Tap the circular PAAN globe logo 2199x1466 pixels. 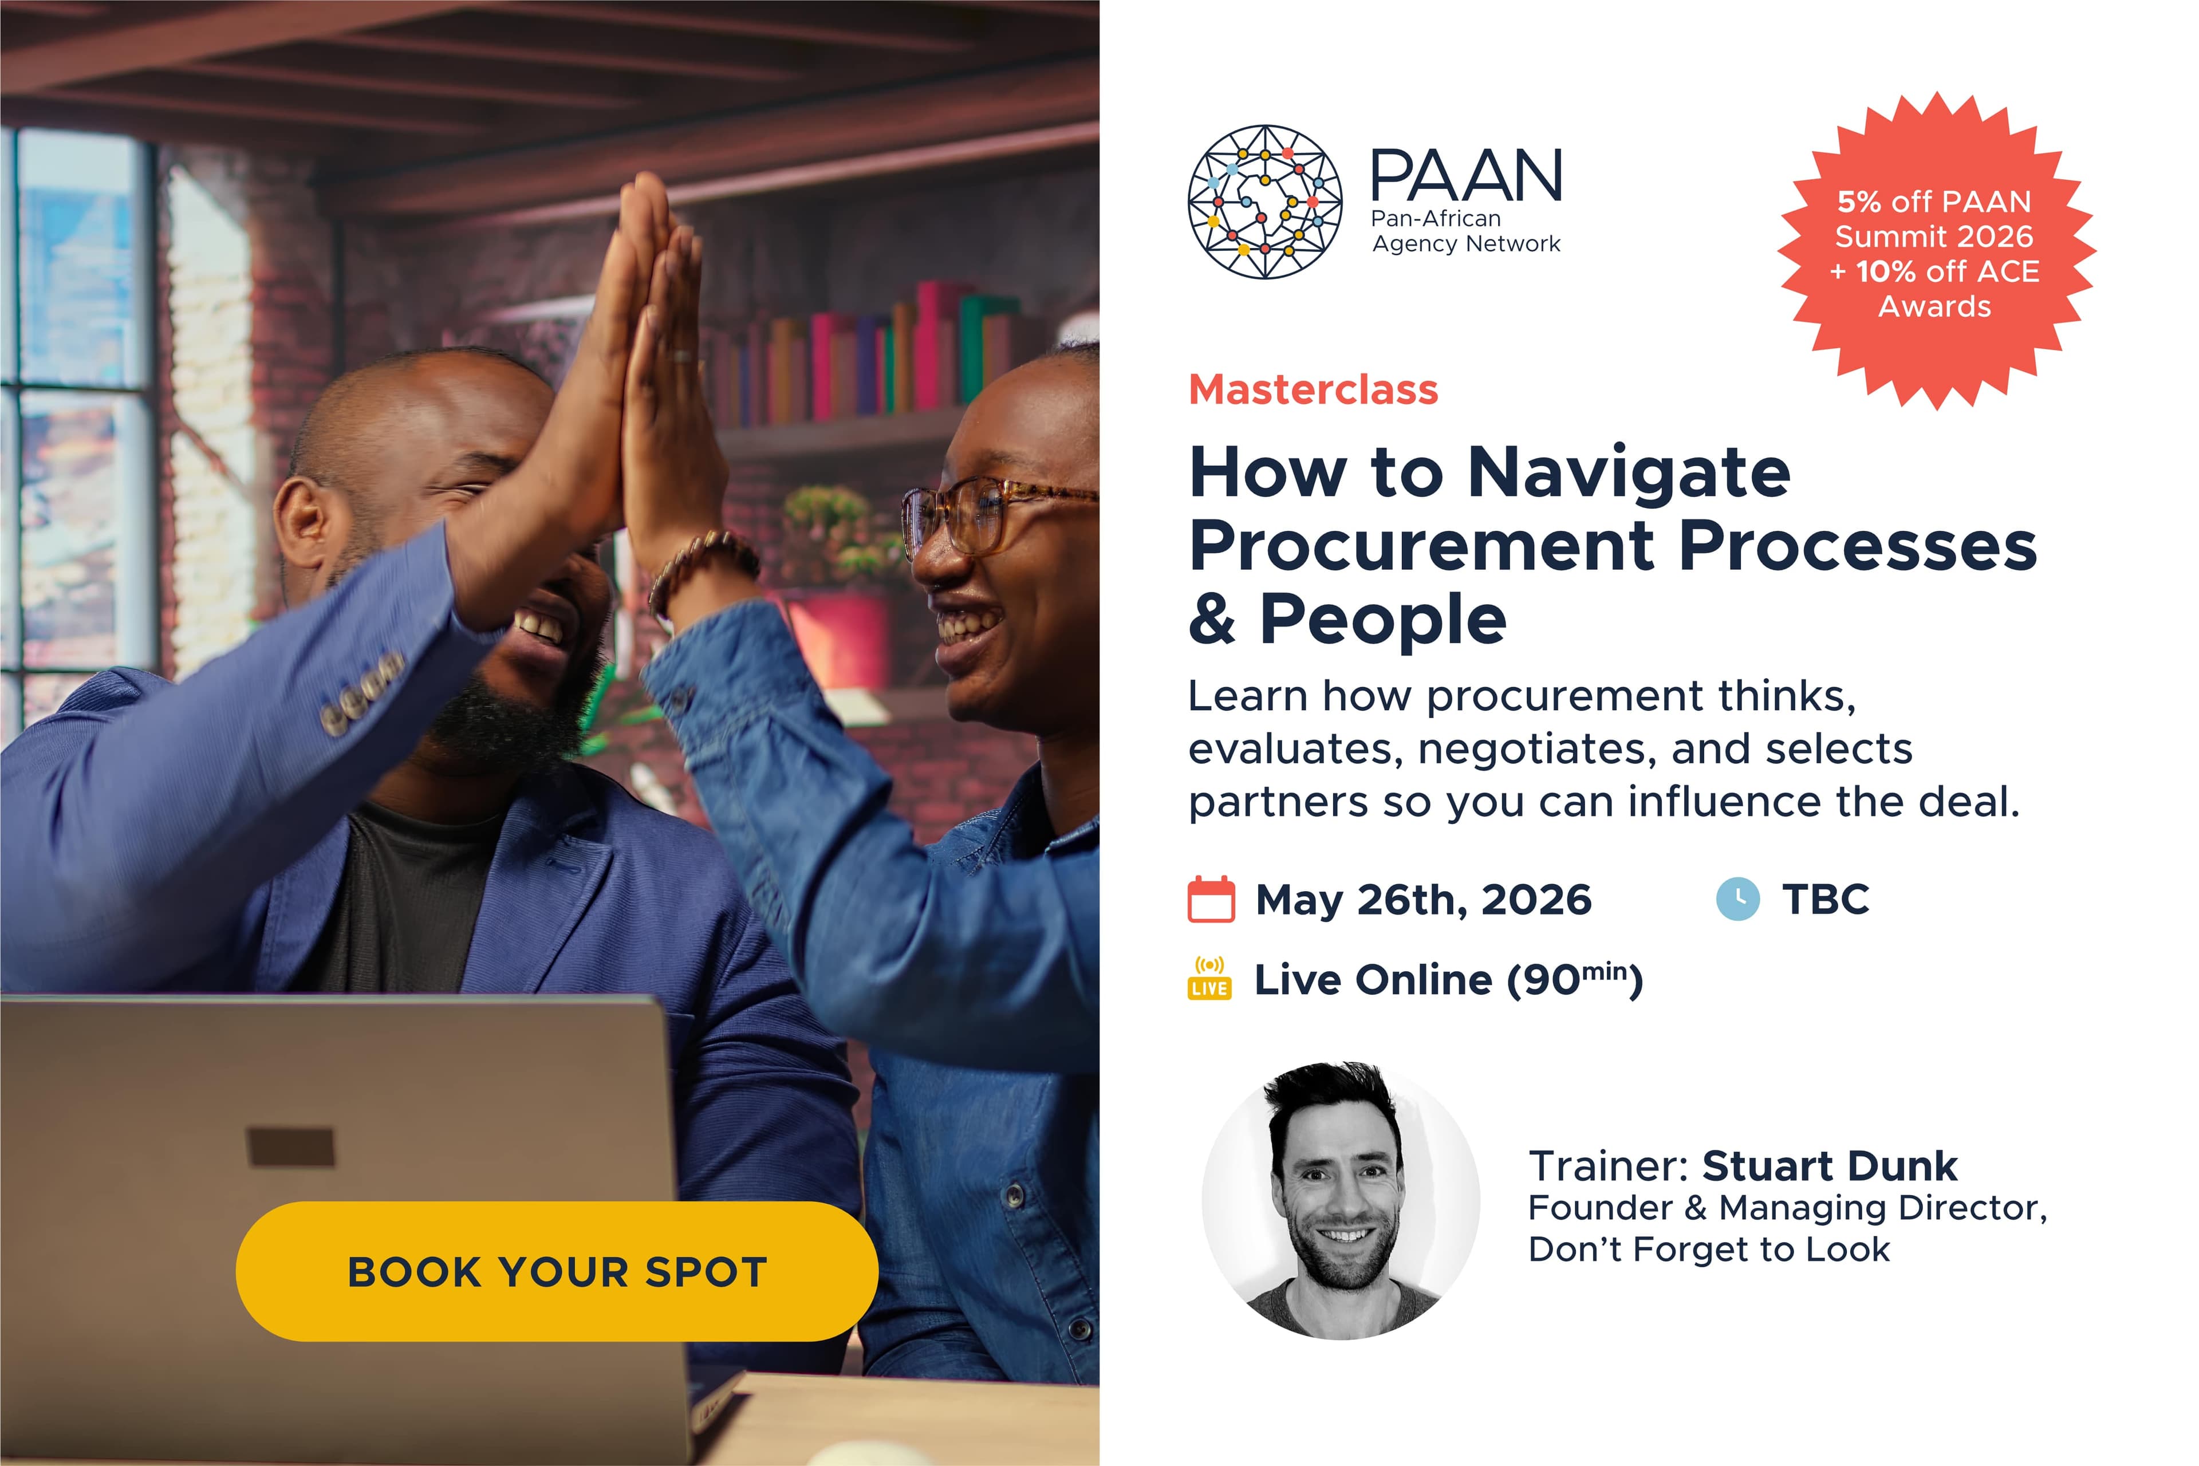pyautogui.click(x=1264, y=202)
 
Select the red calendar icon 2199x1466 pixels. pyautogui.click(x=1211, y=900)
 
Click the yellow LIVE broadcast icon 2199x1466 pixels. pyautogui.click(x=1209, y=979)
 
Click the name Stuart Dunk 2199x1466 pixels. pyautogui.click(x=1828, y=1166)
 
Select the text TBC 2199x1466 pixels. pyautogui.click(x=1825, y=900)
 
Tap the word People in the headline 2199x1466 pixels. pyautogui.click(x=1383, y=619)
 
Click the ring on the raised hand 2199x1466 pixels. pyautogui.click(x=683, y=356)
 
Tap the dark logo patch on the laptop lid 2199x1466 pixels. pyautogui.click(x=290, y=1146)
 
